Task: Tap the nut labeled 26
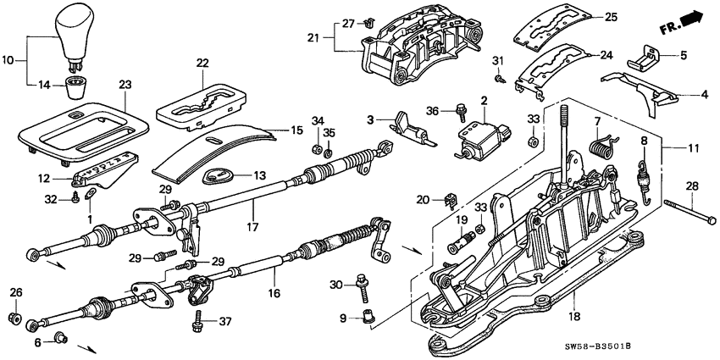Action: (x=14, y=318)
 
